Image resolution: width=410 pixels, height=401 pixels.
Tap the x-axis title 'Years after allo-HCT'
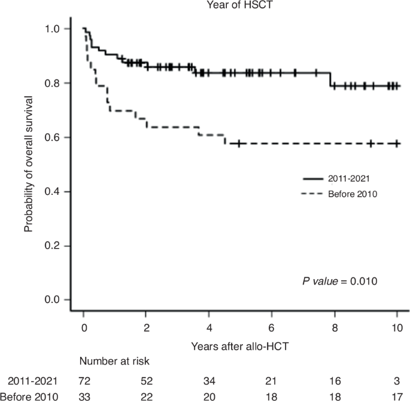[240, 345]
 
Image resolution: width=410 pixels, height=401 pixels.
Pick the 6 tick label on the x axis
[272, 329]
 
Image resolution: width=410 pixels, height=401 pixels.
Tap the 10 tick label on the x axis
[397, 329]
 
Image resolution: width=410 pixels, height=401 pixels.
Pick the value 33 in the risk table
[84, 395]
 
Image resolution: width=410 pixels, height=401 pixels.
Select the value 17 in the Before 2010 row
[397, 395]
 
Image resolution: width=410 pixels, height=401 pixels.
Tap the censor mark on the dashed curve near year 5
[239, 143]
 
